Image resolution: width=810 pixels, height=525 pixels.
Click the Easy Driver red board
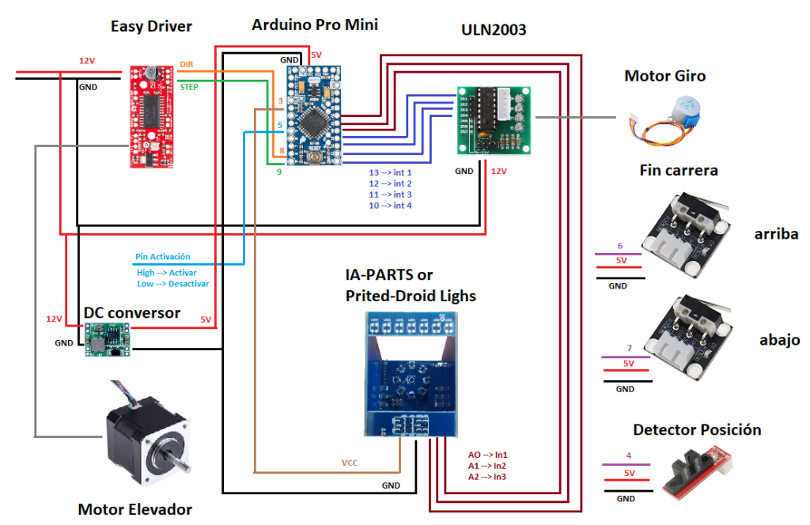151,117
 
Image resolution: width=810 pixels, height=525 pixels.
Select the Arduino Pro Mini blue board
314,115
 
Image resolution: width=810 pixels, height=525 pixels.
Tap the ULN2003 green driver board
494,121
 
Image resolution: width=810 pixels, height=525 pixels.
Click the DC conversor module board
108,339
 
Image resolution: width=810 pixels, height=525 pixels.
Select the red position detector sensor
698,472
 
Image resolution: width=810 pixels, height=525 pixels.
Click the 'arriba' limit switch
686,234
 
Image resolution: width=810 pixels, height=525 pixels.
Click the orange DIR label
187,64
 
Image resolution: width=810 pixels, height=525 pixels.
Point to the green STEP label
189,87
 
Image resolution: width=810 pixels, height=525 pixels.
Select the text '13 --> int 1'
390,172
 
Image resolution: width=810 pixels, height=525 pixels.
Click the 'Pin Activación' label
163,256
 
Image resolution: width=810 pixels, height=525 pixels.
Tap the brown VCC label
350,463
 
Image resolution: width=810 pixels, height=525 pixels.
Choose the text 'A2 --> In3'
487,477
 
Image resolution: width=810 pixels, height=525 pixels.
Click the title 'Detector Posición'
697,429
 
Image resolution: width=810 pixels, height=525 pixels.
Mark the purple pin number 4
629,455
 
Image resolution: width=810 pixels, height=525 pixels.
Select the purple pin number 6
620,246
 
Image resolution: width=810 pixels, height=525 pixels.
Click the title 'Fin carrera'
678,170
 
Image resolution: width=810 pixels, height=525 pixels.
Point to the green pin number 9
279,172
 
